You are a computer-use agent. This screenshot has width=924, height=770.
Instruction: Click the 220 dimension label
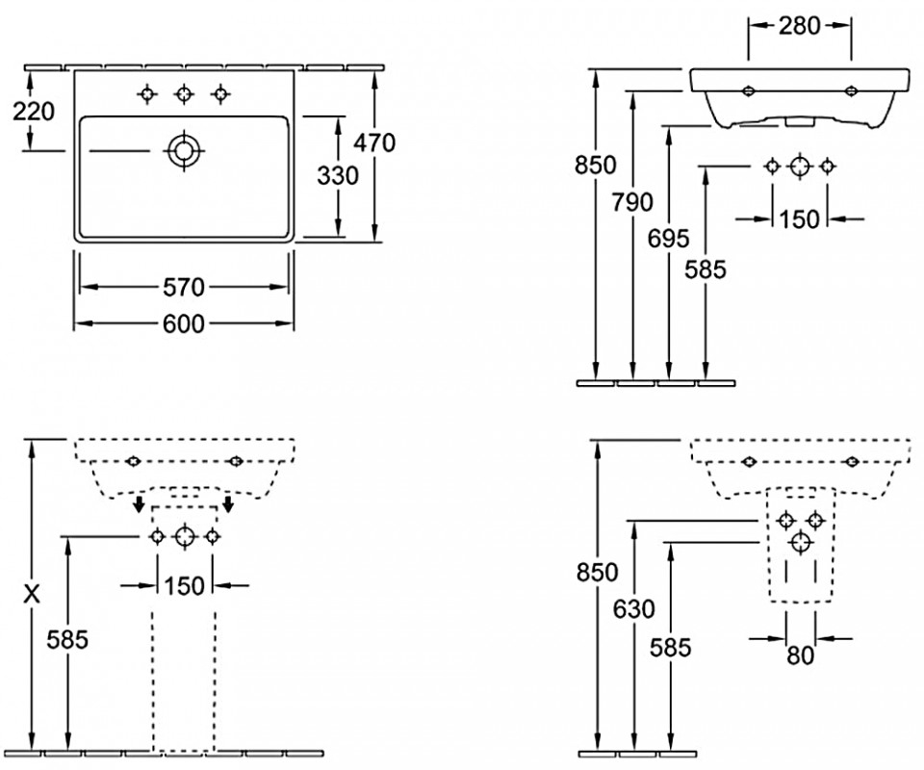pos(34,112)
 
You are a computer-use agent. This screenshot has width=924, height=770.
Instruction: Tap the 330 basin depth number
pos(338,176)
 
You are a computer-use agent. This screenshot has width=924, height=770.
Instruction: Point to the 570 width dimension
pos(183,287)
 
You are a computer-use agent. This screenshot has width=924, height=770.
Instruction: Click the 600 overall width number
pos(183,324)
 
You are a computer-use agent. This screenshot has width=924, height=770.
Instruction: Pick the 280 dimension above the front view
pos(800,25)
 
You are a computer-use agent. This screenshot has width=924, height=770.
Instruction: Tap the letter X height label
pos(32,595)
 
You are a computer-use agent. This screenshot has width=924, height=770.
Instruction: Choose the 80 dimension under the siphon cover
pos(801,655)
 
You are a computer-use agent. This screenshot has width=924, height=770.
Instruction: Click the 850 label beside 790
pos(597,166)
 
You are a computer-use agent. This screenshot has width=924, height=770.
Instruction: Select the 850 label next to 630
pos(597,572)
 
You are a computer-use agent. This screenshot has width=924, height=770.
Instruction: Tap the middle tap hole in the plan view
pos(183,93)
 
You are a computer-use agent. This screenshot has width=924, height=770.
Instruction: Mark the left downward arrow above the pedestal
pos(140,504)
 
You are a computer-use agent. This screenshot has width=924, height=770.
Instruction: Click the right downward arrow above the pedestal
pos(228,504)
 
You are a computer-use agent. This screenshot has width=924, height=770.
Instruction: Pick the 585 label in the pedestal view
pos(68,638)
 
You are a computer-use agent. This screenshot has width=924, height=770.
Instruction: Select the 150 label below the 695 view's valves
pos(799,219)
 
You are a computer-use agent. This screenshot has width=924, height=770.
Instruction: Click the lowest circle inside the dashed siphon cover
pos(798,544)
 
